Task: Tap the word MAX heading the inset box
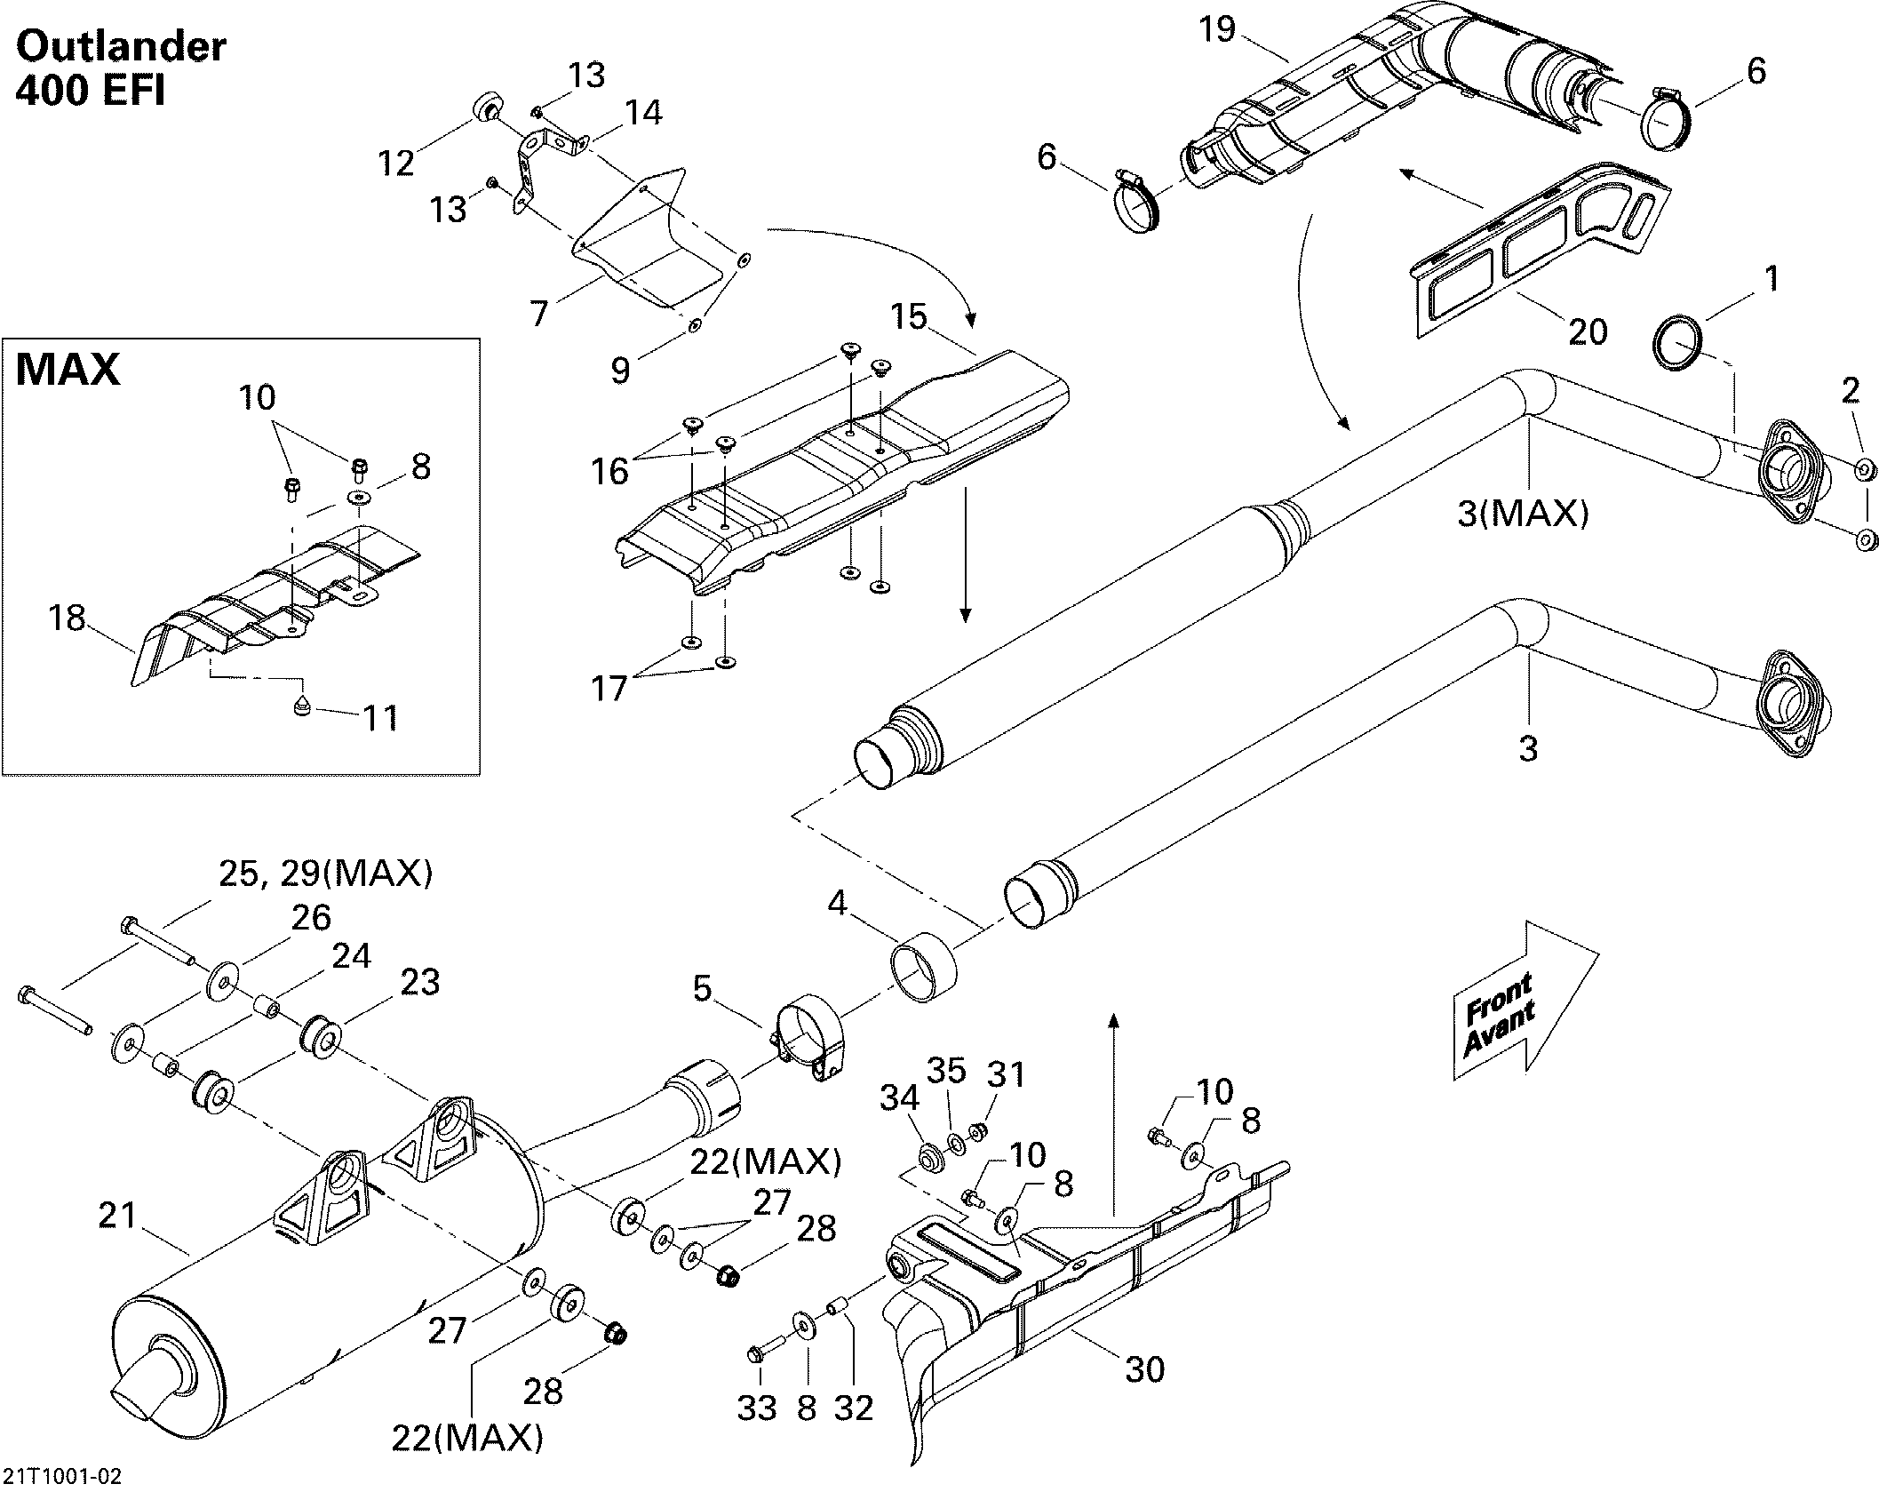(x=68, y=369)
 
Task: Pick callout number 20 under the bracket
(x=1588, y=331)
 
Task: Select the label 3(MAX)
(x=1523, y=513)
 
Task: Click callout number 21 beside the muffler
(x=117, y=1215)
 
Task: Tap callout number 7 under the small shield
(x=539, y=313)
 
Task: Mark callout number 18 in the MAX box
(x=68, y=618)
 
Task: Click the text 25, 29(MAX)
(x=325, y=874)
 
